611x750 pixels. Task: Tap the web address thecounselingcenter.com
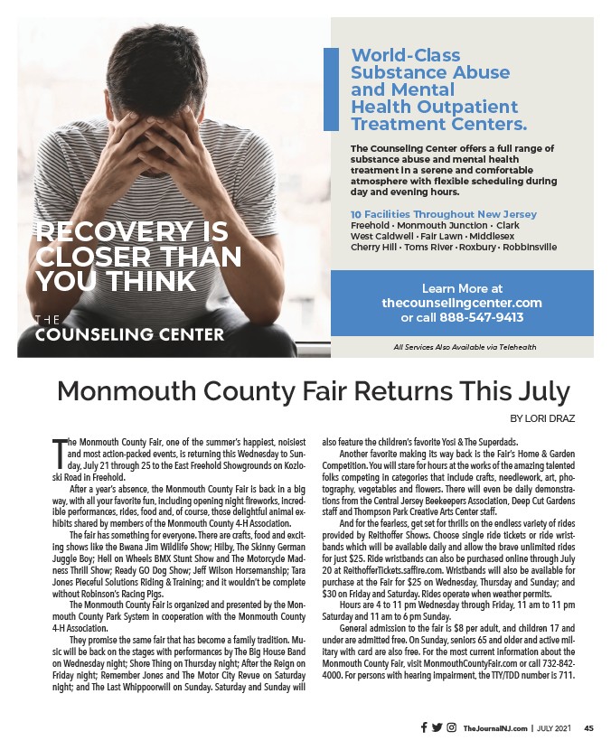pos(462,303)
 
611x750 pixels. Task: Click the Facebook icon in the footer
pos(424,727)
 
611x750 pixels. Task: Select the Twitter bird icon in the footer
pos(437,727)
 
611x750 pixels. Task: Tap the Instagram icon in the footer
pos(451,727)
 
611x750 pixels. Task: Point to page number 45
pos(588,728)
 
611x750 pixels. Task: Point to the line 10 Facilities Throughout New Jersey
pos(443,214)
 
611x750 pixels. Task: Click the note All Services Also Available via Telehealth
pos(465,346)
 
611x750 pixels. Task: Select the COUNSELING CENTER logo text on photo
pos(129,334)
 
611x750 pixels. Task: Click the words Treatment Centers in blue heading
pos(438,123)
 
